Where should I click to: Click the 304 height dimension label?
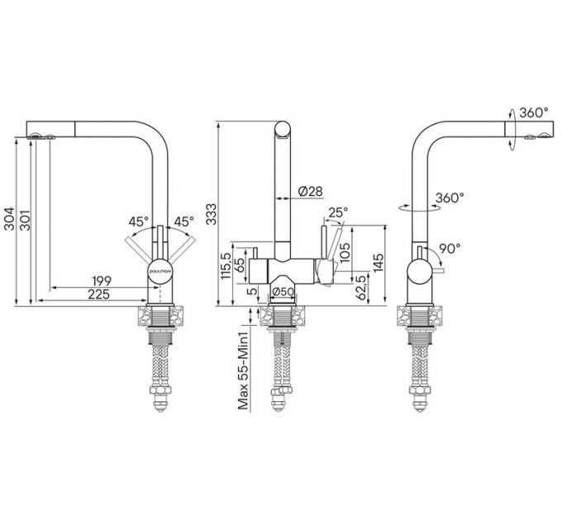(9, 218)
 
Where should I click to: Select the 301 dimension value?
(25, 219)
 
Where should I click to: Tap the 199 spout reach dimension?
(102, 280)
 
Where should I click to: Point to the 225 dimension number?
(98, 294)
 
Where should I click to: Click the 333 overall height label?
(212, 214)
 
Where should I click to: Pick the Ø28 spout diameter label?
(311, 191)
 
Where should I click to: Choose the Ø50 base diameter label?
(283, 292)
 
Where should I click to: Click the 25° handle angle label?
(338, 213)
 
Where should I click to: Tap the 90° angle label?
(450, 248)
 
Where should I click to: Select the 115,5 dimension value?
(226, 265)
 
